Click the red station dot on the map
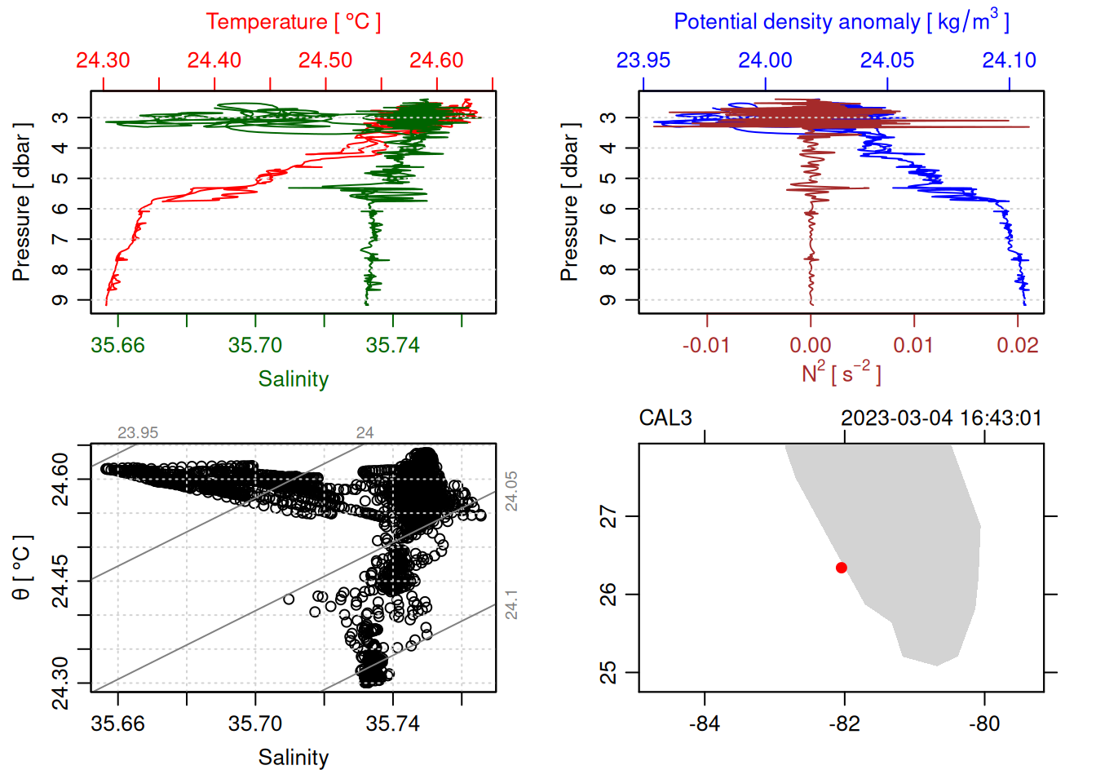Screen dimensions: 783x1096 [x=842, y=568]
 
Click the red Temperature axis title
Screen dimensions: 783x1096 [x=293, y=22]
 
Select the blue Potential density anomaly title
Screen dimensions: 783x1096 [x=841, y=22]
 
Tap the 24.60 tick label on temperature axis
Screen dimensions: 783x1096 [x=436, y=60]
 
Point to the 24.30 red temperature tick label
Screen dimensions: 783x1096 [x=103, y=60]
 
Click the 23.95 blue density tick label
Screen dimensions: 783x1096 [x=643, y=60]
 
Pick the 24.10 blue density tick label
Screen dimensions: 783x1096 [x=1009, y=60]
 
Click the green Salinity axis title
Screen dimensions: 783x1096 [x=294, y=379]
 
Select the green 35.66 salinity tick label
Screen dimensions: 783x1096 [x=117, y=346]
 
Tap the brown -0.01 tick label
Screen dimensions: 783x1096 [x=706, y=346]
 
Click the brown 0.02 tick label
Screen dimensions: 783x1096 [x=1017, y=346]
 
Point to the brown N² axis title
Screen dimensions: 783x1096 [x=841, y=374]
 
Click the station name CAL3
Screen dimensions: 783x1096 [x=665, y=418]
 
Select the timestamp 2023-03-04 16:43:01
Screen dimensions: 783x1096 [x=941, y=418]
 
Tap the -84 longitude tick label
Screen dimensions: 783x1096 [x=705, y=724]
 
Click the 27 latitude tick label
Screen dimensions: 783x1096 [x=609, y=516]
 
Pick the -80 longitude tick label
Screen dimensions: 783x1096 [x=984, y=724]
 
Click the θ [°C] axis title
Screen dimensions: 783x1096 [x=22, y=568]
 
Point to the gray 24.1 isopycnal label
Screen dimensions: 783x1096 [x=511, y=604]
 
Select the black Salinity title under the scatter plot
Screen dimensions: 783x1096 [x=294, y=758]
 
